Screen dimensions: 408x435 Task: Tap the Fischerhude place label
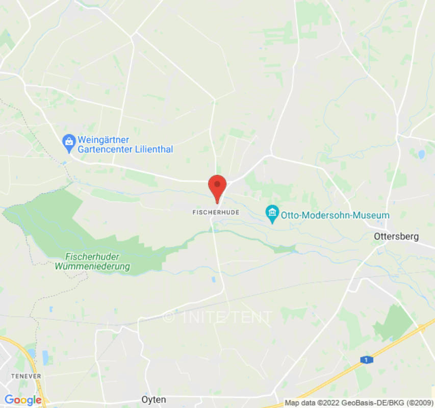coord(216,211)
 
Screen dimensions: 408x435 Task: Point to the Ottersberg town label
coord(396,237)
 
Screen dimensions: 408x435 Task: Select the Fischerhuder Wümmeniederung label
coord(92,262)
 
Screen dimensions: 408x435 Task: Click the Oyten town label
coord(153,399)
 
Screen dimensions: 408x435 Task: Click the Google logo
coord(23,400)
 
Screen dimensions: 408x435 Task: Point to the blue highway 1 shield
coord(366,360)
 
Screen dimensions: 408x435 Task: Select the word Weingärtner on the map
coord(103,140)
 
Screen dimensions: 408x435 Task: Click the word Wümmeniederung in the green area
coord(92,266)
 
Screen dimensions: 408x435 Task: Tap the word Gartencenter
coord(103,149)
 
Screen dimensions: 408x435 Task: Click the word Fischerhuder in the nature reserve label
coord(92,257)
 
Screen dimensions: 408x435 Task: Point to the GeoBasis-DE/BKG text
coord(378,403)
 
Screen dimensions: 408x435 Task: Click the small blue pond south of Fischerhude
coord(213,279)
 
